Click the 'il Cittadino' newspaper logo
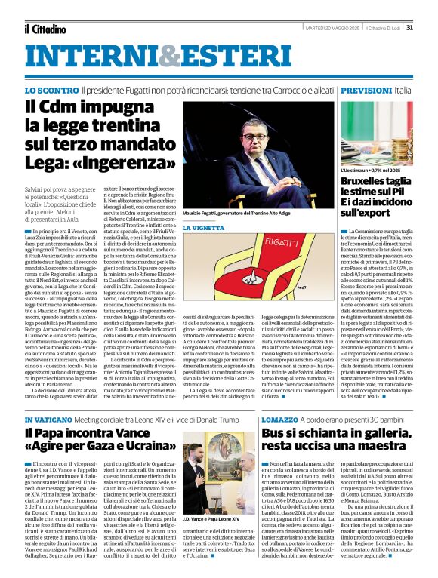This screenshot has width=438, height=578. point(46,28)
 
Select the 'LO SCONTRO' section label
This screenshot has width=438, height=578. point(51,90)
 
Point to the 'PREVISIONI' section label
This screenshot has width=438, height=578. point(366,90)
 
